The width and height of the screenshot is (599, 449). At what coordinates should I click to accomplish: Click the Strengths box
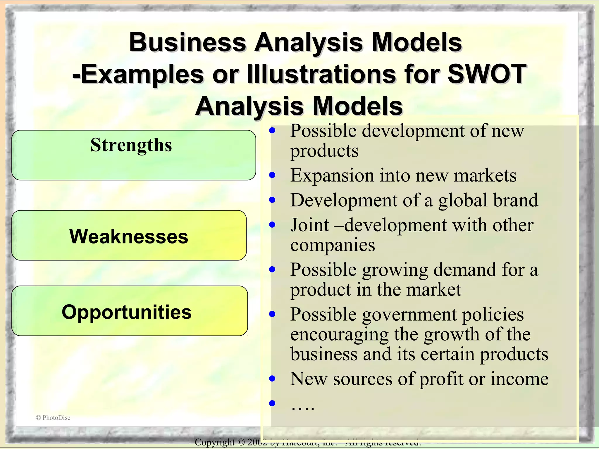134,155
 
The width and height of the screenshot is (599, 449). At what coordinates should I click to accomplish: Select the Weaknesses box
129,235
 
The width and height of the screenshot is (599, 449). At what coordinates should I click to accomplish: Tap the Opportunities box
130,311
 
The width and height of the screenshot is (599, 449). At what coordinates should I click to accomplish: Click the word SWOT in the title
487,74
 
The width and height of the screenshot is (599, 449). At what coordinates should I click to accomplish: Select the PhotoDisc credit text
53,418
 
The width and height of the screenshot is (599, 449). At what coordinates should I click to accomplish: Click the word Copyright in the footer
215,442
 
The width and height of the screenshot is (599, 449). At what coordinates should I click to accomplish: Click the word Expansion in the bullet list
332,175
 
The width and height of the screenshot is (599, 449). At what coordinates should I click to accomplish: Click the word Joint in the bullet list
309,225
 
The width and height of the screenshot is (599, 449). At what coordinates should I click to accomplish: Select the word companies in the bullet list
333,245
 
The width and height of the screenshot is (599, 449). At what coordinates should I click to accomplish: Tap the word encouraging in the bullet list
339,334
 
